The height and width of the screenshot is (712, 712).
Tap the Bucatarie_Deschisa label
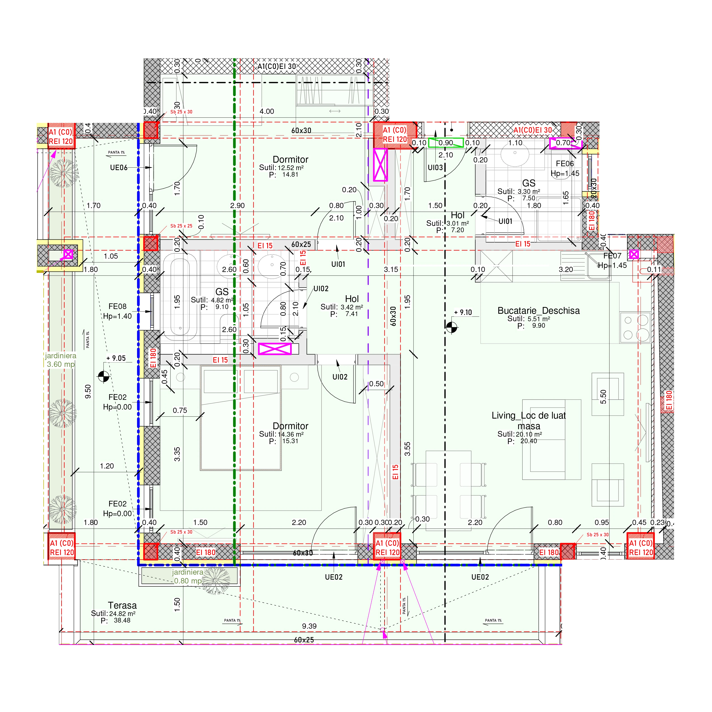pyautogui.click(x=538, y=311)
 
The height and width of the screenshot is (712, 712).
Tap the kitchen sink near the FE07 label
pyautogui.click(x=598, y=266)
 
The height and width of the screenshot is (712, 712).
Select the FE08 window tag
pyautogui.click(x=117, y=307)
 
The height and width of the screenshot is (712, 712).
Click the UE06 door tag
pyautogui.click(x=119, y=168)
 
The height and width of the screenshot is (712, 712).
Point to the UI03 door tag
pyautogui.click(x=435, y=168)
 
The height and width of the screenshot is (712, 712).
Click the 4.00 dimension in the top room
pyautogui.click(x=267, y=111)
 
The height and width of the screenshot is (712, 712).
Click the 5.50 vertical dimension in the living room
pyautogui.click(x=603, y=396)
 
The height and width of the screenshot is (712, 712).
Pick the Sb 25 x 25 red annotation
pyautogui.click(x=181, y=226)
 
